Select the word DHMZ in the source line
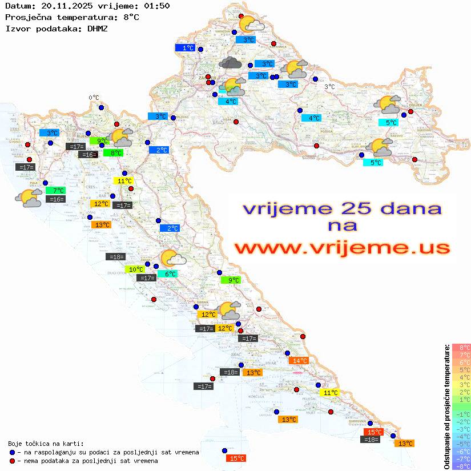pyautogui.click(x=96, y=28)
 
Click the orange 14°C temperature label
pyautogui.click(x=299, y=360)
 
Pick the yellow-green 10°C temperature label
pyautogui.click(x=135, y=269)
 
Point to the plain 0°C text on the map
pyautogui.click(x=94, y=98)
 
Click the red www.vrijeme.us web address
pyautogui.click(x=342, y=248)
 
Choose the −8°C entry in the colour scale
pyautogui.click(x=461, y=466)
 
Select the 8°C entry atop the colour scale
pyautogui.click(x=461, y=347)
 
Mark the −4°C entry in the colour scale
pyautogui.click(x=461, y=436)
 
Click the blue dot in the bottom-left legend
pyautogui.click(x=12, y=452)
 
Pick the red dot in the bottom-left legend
pyautogui.click(x=12, y=461)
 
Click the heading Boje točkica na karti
pyautogui.click(x=46, y=444)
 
